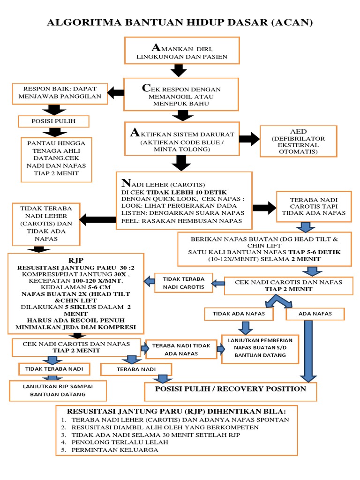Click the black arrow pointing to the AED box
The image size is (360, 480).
click(249, 139)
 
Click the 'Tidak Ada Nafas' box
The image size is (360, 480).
click(239, 314)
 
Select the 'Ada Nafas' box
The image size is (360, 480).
click(315, 314)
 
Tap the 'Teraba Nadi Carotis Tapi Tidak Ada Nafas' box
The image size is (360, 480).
click(313, 206)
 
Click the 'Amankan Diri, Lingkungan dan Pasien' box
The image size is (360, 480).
click(181, 51)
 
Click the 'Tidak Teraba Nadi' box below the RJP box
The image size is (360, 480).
click(54, 369)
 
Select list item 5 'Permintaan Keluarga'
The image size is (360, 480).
click(114, 450)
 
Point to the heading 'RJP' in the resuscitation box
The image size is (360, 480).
click(75, 259)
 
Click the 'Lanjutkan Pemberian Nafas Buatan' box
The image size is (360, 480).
click(260, 348)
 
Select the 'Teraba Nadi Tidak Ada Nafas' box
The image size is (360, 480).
click(180, 349)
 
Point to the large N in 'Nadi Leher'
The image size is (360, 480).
click(125, 183)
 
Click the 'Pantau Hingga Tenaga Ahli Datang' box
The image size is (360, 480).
click(56, 159)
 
